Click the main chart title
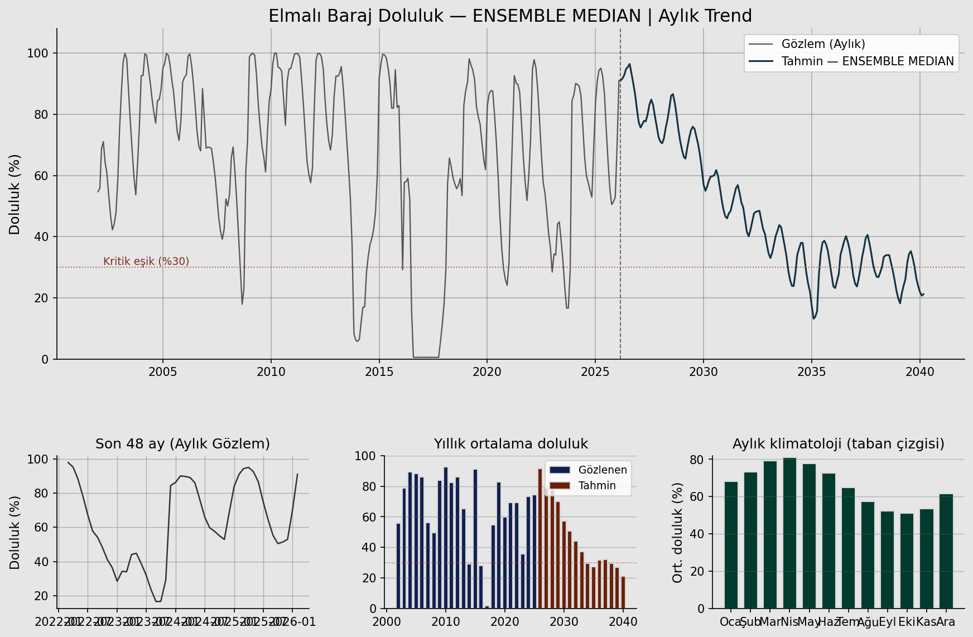pos(510,16)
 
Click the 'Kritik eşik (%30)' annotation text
pos(146,262)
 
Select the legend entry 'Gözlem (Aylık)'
pos(823,44)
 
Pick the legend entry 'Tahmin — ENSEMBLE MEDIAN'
pos(868,61)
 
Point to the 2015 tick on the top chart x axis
pos(379,371)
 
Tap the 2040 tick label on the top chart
pos(919,371)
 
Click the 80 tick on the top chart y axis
pos(41,114)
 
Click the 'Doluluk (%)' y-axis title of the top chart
pos(15,194)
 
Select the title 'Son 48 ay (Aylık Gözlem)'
pos(183,444)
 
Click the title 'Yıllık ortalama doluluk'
pos(511,444)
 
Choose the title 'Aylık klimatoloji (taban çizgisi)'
pos(838,444)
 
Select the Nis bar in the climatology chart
pos(789,533)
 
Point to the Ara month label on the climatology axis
pos(946,622)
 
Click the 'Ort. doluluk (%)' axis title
pos(678,533)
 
